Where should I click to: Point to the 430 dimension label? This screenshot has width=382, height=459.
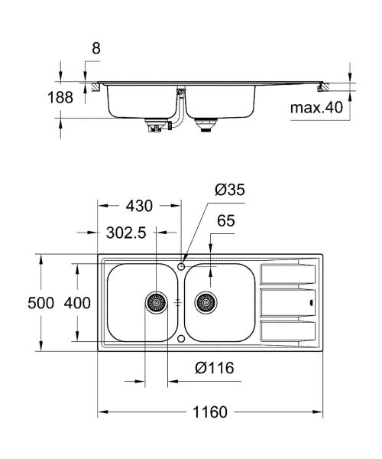(x=140, y=206)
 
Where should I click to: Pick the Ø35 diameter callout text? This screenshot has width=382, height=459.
(x=231, y=190)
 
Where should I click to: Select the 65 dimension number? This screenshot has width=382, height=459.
(x=225, y=222)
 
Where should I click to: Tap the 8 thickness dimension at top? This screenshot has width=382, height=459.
(x=95, y=47)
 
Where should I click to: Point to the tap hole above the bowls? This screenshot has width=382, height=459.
(x=181, y=265)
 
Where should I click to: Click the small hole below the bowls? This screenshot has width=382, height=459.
(x=181, y=337)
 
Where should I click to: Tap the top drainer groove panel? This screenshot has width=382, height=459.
(x=289, y=272)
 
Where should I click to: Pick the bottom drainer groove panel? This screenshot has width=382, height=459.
(x=289, y=331)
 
